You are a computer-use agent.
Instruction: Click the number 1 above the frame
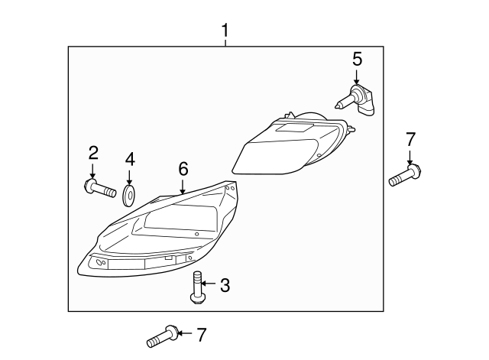point(225,31)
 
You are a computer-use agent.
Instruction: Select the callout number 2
point(92,153)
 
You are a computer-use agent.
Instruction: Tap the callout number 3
point(225,286)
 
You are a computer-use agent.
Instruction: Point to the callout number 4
point(129,159)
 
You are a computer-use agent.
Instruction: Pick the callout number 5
point(357,59)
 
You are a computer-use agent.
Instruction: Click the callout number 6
point(183,168)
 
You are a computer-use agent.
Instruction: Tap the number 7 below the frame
point(201,333)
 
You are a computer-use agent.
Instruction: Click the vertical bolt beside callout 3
point(196,286)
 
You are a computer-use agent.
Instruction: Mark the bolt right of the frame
point(405,175)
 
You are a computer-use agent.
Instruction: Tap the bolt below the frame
point(162,335)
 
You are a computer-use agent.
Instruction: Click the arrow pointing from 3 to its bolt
point(210,286)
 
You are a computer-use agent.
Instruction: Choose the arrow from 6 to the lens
point(183,184)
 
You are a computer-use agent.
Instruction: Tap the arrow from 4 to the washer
point(129,175)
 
